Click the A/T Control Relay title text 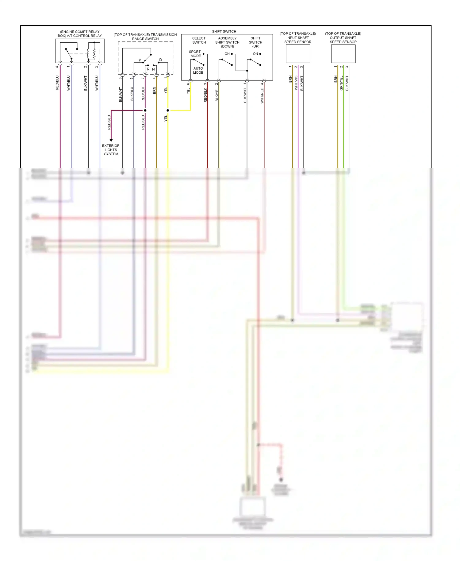(x=80, y=34)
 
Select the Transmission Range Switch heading (x=145, y=37)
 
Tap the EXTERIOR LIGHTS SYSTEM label (x=111, y=150)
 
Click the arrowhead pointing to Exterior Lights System (x=111, y=140)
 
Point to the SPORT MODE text (x=195, y=54)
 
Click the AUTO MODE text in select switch (x=198, y=71)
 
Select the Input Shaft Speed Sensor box (x=298, y=54)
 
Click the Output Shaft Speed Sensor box (x=343, y=54)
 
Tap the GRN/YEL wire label (x=341, y=83)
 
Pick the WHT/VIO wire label (x=296, y=83)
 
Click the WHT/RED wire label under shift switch (x=262, y=95)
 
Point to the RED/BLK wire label (x=205, y=95)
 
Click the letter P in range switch (x=140, y=60)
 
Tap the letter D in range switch (x=160, y=60)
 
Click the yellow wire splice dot (x=168, y=110)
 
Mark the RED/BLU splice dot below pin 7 (x=145, y=110)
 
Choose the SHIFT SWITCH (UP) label (x=255, y=42)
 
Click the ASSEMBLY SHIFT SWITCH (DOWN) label (x=227, y=42)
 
